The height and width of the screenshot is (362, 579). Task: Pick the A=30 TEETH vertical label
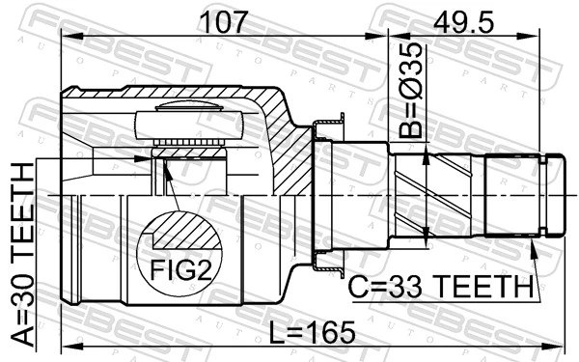point(21,256)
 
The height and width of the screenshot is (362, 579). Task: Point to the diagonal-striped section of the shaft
point(425,193)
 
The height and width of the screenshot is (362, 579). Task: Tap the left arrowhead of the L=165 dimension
point(66,345)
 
